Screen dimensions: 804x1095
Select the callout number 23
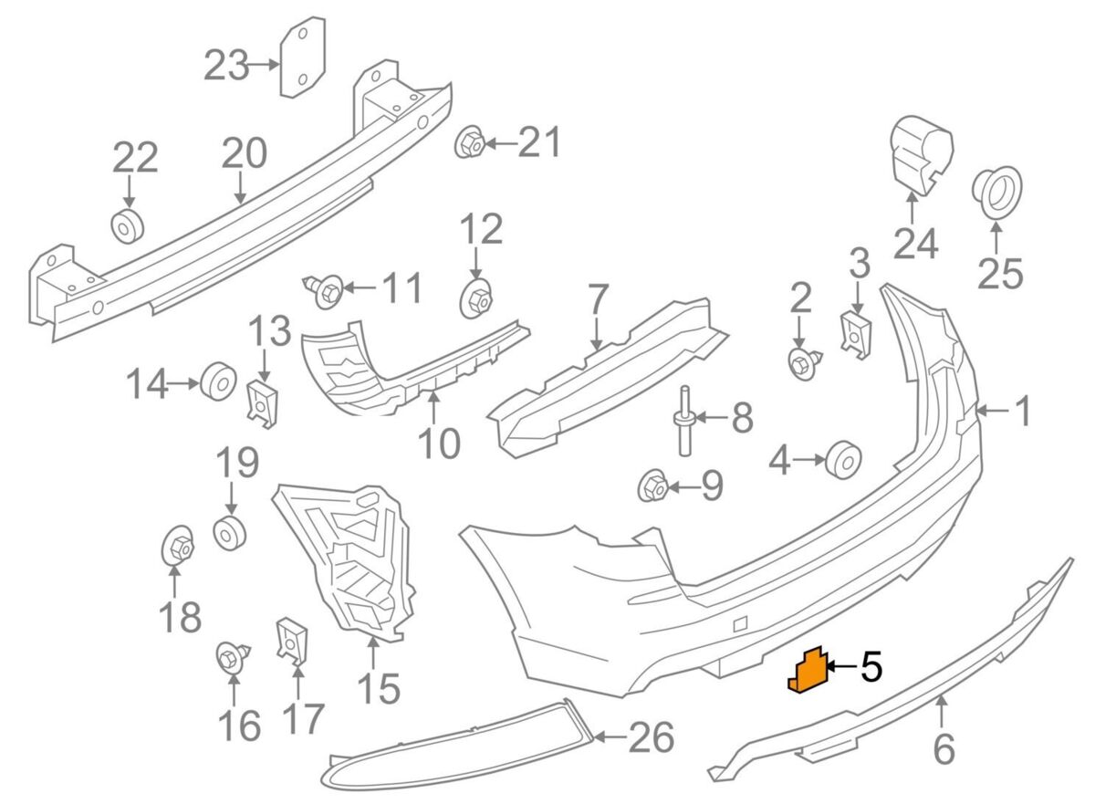[226, 65]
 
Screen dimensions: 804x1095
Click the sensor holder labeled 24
[920, 153]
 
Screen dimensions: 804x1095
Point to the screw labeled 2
[802, 363]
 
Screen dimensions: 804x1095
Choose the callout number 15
[379, 687]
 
